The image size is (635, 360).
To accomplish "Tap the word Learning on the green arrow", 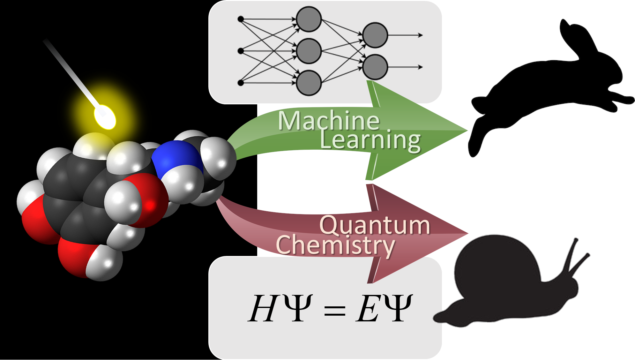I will click(370, 140).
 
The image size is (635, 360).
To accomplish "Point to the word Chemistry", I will click(335, 245).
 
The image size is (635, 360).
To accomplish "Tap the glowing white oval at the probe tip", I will click(105, 117).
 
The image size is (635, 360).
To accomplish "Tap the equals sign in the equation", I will click(334, 310).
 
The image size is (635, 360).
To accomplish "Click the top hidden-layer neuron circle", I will click(309, 19).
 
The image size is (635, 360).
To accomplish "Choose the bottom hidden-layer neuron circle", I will click(309, 83).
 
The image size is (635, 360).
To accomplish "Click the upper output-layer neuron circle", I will click(375, 35).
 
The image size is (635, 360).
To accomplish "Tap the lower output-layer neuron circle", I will click(375, 67).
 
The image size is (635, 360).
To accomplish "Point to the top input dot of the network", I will click(241, 19).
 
